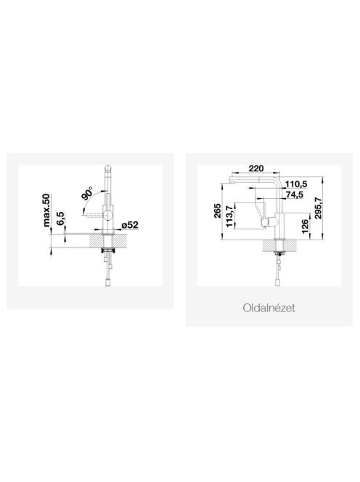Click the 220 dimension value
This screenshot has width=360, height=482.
[256, 168]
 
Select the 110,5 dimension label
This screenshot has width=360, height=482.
[296, 184]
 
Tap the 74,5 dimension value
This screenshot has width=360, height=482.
[294, 195]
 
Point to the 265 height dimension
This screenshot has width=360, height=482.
[217, 211]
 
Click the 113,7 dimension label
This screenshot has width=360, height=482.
[229, 216]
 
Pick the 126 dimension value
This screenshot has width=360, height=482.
[305, 226]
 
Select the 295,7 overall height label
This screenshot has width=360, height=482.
[318, 208]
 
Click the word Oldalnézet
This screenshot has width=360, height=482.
[269, 308]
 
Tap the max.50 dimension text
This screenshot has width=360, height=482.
[46, 210]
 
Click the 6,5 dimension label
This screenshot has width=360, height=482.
[60, 218]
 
